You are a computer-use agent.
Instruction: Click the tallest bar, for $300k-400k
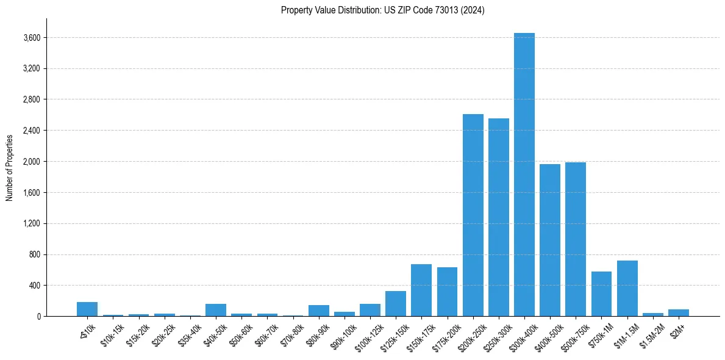524,177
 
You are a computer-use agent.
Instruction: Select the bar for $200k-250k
473,217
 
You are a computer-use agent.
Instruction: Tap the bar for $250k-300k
498,218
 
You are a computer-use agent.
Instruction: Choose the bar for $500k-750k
575,240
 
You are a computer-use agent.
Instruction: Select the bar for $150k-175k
421,290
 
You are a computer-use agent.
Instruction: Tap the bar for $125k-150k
395,304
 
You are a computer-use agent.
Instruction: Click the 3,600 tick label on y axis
32,38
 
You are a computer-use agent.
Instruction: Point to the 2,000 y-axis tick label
32,162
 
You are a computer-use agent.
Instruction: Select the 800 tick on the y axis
35,254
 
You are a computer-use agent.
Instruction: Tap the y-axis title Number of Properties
9,167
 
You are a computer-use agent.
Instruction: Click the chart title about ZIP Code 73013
382,10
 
